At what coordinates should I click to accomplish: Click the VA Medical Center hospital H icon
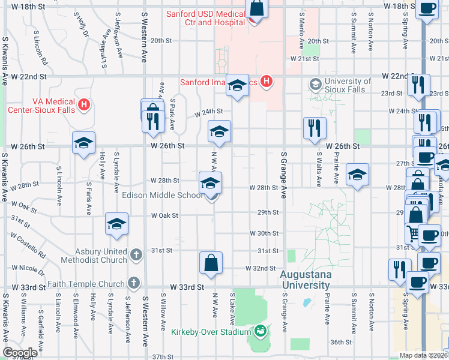[84, 104]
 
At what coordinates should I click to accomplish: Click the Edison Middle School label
[162, 195]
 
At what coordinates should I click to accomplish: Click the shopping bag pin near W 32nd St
[211, 263]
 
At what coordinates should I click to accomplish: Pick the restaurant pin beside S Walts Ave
[315, 128]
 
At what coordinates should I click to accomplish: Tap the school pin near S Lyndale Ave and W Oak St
[116, 224]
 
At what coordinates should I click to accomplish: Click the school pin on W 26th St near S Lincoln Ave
[84, 142]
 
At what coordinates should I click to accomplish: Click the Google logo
[20, 353]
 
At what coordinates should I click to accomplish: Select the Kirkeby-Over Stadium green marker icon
[261, 331]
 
